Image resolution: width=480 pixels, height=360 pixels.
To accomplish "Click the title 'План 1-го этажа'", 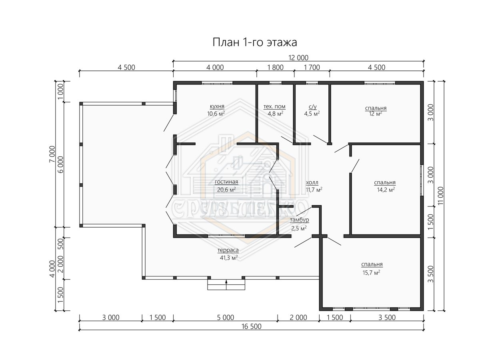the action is tap(255, 42).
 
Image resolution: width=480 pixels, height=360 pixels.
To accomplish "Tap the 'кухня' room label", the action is tap(217, 106).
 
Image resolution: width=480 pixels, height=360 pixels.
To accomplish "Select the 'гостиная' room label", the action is tap(226, 182).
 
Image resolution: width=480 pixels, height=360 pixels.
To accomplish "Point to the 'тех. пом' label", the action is tap(274, 106).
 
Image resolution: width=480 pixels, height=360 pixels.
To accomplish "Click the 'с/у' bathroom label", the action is tap(312, 106).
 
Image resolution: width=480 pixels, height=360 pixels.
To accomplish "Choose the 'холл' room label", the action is tap(312, 182).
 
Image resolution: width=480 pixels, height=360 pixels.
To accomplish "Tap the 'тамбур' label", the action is tap(299, 220).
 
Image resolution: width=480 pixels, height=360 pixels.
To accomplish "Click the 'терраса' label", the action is tap(228, 250).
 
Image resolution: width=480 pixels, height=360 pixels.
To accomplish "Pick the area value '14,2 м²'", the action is tap(386, 190).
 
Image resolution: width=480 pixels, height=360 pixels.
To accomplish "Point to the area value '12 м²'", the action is tap(376, 114).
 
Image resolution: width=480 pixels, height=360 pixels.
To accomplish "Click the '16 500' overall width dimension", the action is tap(252, 326).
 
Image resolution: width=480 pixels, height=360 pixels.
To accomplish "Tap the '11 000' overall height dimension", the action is tap(441, 196).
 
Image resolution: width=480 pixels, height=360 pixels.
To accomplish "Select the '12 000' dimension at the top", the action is tap(298, 58).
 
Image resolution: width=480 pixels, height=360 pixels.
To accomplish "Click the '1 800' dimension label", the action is tap(275, 67).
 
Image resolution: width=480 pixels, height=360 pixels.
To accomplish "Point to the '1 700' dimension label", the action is tap(312, 67).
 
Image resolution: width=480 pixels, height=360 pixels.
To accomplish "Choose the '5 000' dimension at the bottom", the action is tap(226, 317).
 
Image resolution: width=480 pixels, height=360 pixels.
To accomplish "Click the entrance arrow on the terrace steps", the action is tap(226, 284).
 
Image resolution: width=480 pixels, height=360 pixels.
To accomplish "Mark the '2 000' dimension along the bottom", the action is tap(298, 317).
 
